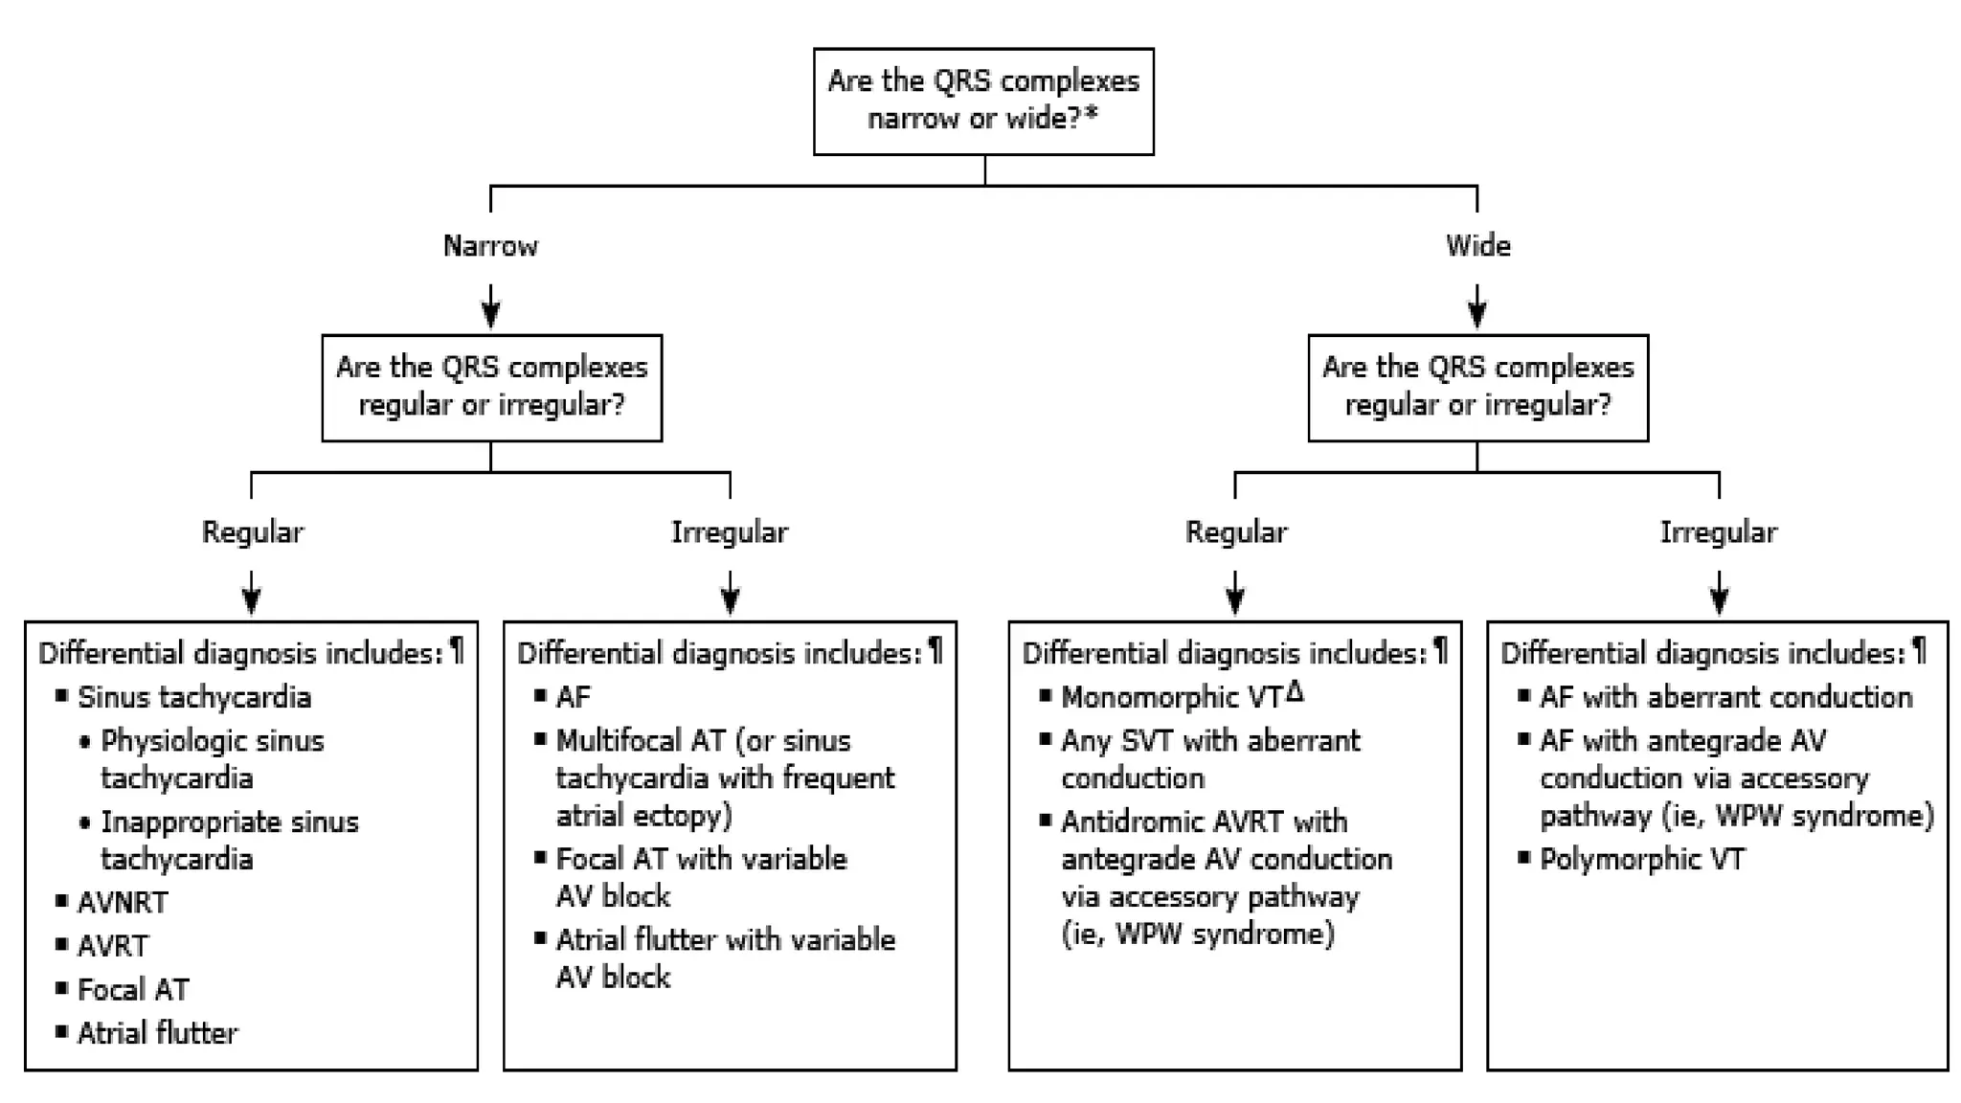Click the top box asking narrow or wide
tap(983, 101)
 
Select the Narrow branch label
tap(490, 246)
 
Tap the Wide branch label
tap(1477, 246)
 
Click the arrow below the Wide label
tap(1476, 306)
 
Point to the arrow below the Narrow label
tap(490, 306)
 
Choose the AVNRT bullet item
tap(122, 902)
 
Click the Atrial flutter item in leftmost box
tap(157, 1032)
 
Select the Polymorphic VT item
tap(1641, 859)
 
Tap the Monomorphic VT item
tap(1170, 697)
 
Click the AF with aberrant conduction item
tap(1724, 697)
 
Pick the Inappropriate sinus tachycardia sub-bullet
tap(229, 840)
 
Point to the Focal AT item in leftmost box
tap(133, 989)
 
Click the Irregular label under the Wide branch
tap(1718, 532)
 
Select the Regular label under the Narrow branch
tap(252, 532)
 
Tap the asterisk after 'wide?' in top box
tap(1091, 115)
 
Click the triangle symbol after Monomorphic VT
tap(1295, 691)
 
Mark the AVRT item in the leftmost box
tap(112, 946)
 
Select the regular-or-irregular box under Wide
tap(1477, 387)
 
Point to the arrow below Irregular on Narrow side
tap(730, 593)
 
